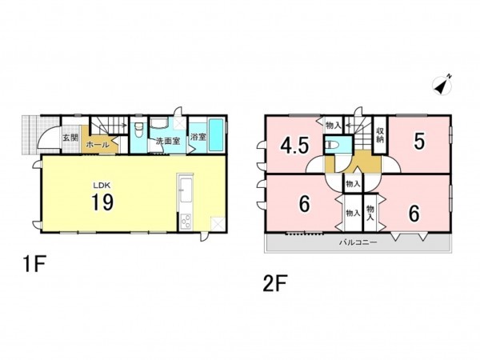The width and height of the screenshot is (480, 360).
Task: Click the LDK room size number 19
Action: (x=102, y=202)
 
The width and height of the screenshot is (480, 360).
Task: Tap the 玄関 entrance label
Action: (x=70, y=138)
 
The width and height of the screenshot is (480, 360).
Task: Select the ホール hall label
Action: (x=98, y=145)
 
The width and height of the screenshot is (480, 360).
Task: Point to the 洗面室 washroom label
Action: (x=168, y=142)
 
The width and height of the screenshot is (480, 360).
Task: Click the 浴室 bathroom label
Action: (x=198, y=137)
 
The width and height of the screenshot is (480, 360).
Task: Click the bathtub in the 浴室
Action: (x=216, y=135)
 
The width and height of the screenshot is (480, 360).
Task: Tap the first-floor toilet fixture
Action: (x=139, y=130)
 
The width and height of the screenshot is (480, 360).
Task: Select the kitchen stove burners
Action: (x=186, y=222)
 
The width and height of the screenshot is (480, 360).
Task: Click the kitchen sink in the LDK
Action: (x=186, y=190)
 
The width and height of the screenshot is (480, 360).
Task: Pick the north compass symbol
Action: (x=442, y=85)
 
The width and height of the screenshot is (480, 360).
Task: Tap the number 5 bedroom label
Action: (x=419, y=142)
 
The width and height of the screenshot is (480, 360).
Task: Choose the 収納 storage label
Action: (x=380, y=135)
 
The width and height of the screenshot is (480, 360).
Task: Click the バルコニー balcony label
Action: (x=358, y=242)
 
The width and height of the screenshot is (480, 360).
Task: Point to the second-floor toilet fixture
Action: (x=332, y=144)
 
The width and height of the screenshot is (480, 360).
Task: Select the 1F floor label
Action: (x=34, y=264)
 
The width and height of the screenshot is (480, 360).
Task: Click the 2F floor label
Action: (x=274, y=283)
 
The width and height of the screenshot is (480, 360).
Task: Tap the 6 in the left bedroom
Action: (x=304, y=204)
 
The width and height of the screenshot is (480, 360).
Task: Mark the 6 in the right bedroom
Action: (x=414, y=214)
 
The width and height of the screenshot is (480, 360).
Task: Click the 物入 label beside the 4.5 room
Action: (x=333, y=125)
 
